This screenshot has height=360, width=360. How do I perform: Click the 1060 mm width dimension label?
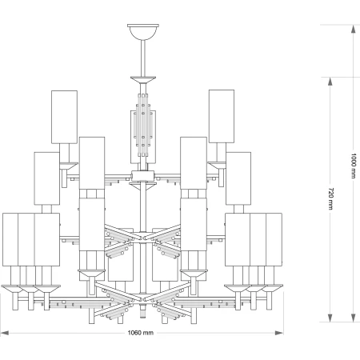click(x=140, y=333)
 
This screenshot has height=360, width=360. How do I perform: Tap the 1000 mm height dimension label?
click(x=354, y=166)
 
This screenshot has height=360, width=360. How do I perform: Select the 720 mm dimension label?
click(x=330, y=198)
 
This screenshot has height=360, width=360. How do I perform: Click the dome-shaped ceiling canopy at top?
click(x=143, y=32)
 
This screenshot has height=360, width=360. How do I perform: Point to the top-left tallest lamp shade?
click(x=64, y=117)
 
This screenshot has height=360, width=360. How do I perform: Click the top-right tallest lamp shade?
click(x=222, y=116)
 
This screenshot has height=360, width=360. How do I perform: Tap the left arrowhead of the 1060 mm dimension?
click(x=5, y=333)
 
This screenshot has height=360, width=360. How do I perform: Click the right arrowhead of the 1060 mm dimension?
click(x=279, y=333)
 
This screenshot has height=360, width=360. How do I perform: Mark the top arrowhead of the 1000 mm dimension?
click(x=354, y=29)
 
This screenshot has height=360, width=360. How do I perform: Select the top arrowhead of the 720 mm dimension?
click(x=330, y=82)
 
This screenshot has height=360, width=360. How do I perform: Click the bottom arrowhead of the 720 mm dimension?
click(x=330, y=318)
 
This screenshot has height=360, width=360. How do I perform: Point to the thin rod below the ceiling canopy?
click(x=143, y=58)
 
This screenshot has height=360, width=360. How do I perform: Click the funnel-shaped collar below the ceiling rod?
click(x=143, y=80)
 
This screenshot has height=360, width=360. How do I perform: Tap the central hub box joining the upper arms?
click(x=143, y=176)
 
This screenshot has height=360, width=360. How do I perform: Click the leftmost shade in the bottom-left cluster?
click(x=10, y=239)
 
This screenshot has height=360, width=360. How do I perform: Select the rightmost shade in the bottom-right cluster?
click(x=274, y=239)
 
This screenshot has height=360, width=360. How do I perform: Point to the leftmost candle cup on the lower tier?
click(x=12, y=289)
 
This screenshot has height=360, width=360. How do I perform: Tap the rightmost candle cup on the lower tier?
click(x=272, y=288)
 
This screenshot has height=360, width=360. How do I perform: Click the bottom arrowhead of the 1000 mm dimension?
click(x=354, y=318)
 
